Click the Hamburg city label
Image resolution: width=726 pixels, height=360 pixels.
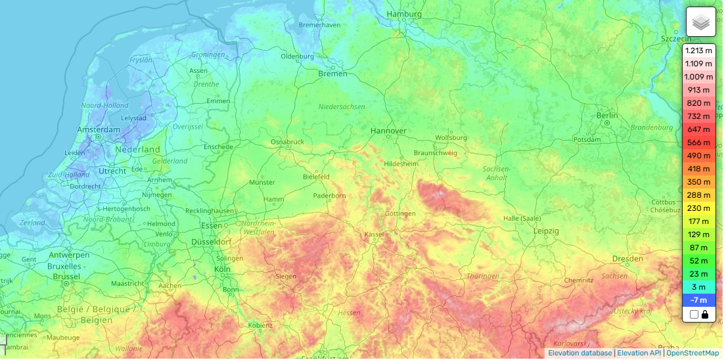(403, 14)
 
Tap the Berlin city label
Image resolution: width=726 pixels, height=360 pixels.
(607, 116)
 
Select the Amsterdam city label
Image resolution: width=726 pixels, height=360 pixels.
(99, 129)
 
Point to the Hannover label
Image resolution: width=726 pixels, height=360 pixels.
(388, 131)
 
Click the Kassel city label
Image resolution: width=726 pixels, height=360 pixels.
(374, 235)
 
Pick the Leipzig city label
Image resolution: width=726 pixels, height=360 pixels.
(546, 231)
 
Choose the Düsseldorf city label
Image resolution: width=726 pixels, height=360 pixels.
(211, 242)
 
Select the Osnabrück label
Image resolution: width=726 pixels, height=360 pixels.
(287, 142)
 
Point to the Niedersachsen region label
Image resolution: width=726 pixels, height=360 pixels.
(341, 106)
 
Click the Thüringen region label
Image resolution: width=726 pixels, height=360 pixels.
(483, 276)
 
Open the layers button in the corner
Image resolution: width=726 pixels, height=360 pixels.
(700, 22)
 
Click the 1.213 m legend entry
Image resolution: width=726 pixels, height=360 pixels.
(698, 51)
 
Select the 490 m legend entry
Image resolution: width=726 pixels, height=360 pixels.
(698, 156)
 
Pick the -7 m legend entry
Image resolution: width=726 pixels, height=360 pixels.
(698, 300)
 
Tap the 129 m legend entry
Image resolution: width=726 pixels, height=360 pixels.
(698, 235)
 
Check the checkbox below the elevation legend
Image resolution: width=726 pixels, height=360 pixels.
(694, 315)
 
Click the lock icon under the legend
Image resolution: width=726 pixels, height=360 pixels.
(705, 315)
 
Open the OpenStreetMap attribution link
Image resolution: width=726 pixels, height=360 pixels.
(693, 353)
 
